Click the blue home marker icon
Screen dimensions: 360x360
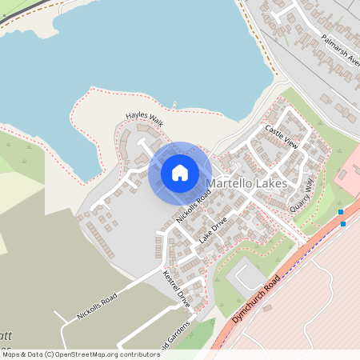(180, 172)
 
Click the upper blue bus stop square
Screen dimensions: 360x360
(340, 212)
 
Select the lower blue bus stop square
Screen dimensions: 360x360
(344, 223)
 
